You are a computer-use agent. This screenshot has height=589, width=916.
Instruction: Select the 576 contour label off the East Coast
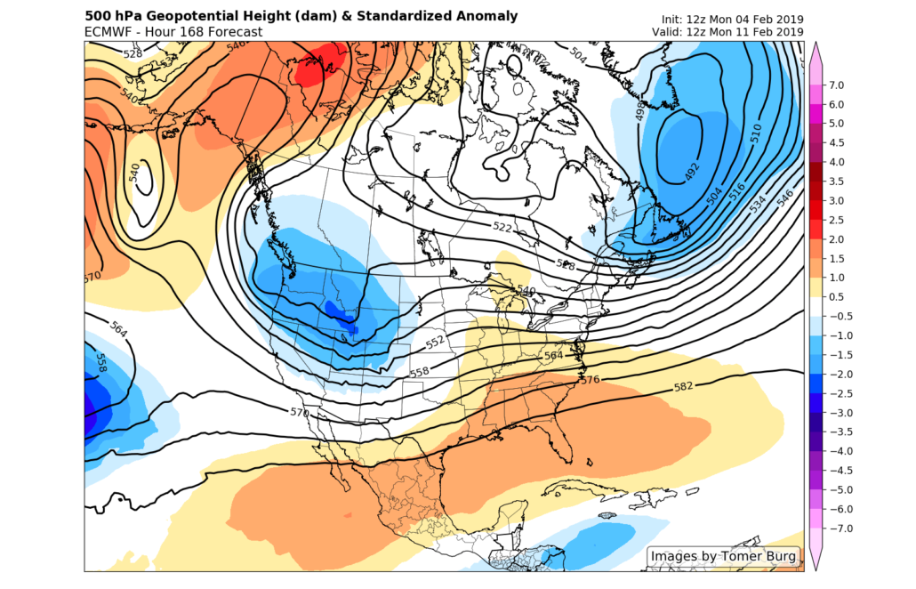[x=588, y=380]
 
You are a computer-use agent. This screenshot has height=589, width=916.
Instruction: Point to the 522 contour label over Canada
[x=502, y=228]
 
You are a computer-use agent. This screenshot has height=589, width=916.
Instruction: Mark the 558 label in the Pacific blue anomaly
[x=101, y=362]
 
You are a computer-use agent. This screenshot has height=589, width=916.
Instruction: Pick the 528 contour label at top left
[x=133, y=53]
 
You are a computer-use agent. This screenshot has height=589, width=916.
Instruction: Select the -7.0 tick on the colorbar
[x=839, y=528]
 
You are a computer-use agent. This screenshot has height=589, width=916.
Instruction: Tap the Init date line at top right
[x=733, y=20]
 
